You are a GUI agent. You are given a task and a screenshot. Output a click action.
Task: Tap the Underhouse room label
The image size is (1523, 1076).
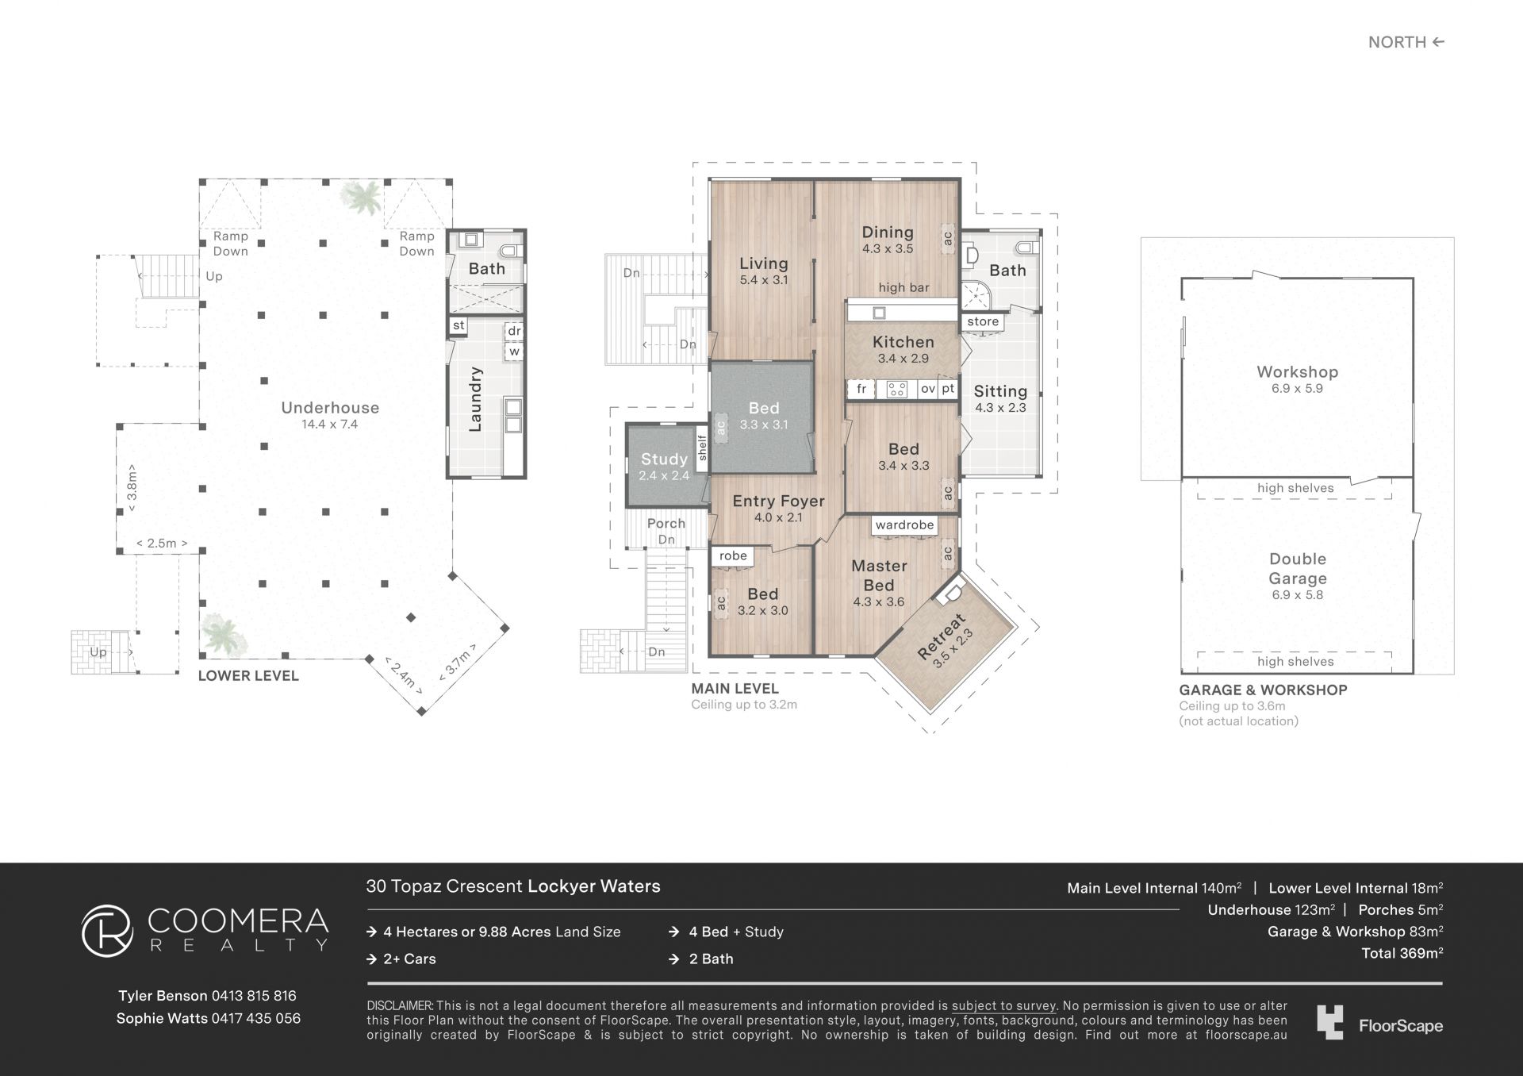click(x=330, y=408)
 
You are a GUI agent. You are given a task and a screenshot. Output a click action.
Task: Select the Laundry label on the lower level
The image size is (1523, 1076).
click(x=475, y=399)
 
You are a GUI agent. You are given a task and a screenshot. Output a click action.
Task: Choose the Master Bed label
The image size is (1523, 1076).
click(x=879, y=575)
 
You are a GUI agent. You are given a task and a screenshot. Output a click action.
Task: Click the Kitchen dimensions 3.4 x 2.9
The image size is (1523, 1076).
click(x=903, y=359)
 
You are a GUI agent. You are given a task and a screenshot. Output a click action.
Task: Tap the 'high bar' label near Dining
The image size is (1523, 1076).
click(x=903, y=288)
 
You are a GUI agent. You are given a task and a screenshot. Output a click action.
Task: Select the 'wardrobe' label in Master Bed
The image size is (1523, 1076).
click(x=904, y=525)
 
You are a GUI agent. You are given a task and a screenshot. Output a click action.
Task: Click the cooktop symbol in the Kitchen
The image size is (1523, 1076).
click(x=897, y=389)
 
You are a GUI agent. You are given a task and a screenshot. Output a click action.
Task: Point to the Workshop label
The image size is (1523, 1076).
click(x=1297, y=372)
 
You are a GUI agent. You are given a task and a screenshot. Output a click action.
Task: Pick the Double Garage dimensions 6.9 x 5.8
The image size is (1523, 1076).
click(x=1297, y=595)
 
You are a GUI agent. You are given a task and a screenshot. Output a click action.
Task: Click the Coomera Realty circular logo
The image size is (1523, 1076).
click(x=107, y=931)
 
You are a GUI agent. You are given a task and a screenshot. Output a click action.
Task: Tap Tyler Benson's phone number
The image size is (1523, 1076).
click(x=254, y=996)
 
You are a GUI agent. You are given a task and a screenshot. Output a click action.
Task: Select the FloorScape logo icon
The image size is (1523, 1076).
click(x=1330, y=1022)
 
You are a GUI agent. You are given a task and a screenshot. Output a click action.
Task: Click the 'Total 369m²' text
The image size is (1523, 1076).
click(x=1402, y=954)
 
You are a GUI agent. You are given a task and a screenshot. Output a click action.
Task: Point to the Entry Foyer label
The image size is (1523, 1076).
click(x=778, y=501)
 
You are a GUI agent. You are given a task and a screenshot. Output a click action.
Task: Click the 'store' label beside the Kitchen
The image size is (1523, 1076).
click(x=983, y=322)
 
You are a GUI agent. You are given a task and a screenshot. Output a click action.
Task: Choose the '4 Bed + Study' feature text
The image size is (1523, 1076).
click(x=736, y=932)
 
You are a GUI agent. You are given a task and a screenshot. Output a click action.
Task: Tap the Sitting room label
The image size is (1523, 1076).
click(x=1000, y=391)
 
